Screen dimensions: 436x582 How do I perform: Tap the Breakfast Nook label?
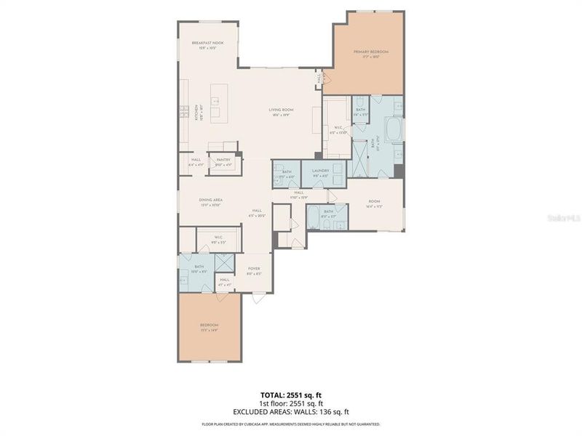click(x=207, y=44)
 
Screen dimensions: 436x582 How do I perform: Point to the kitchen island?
click(x=219, y=93)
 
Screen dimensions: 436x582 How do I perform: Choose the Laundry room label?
click(x=321, y=171)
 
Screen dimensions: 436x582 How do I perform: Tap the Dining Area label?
click(x=210, y=200)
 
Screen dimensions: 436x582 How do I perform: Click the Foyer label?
click(x=254, y=269)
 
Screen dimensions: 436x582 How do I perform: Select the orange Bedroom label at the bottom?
click(x=209, y=325)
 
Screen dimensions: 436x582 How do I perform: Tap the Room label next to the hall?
click(x=375, y=201)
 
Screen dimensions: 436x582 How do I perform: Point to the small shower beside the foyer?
click(x=225, y=262)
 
